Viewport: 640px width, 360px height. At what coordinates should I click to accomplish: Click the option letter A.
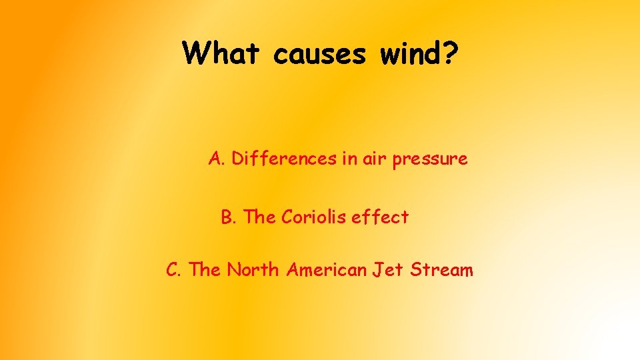216,159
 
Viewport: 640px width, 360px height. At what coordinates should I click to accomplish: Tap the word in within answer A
349,159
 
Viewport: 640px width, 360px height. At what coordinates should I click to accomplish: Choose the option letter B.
228,217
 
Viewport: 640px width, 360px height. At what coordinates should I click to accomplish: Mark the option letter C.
173,270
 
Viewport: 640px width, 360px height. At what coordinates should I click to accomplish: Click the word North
253,270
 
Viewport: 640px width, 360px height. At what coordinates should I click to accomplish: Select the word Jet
387,270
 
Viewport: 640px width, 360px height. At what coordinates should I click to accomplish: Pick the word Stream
441,270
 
